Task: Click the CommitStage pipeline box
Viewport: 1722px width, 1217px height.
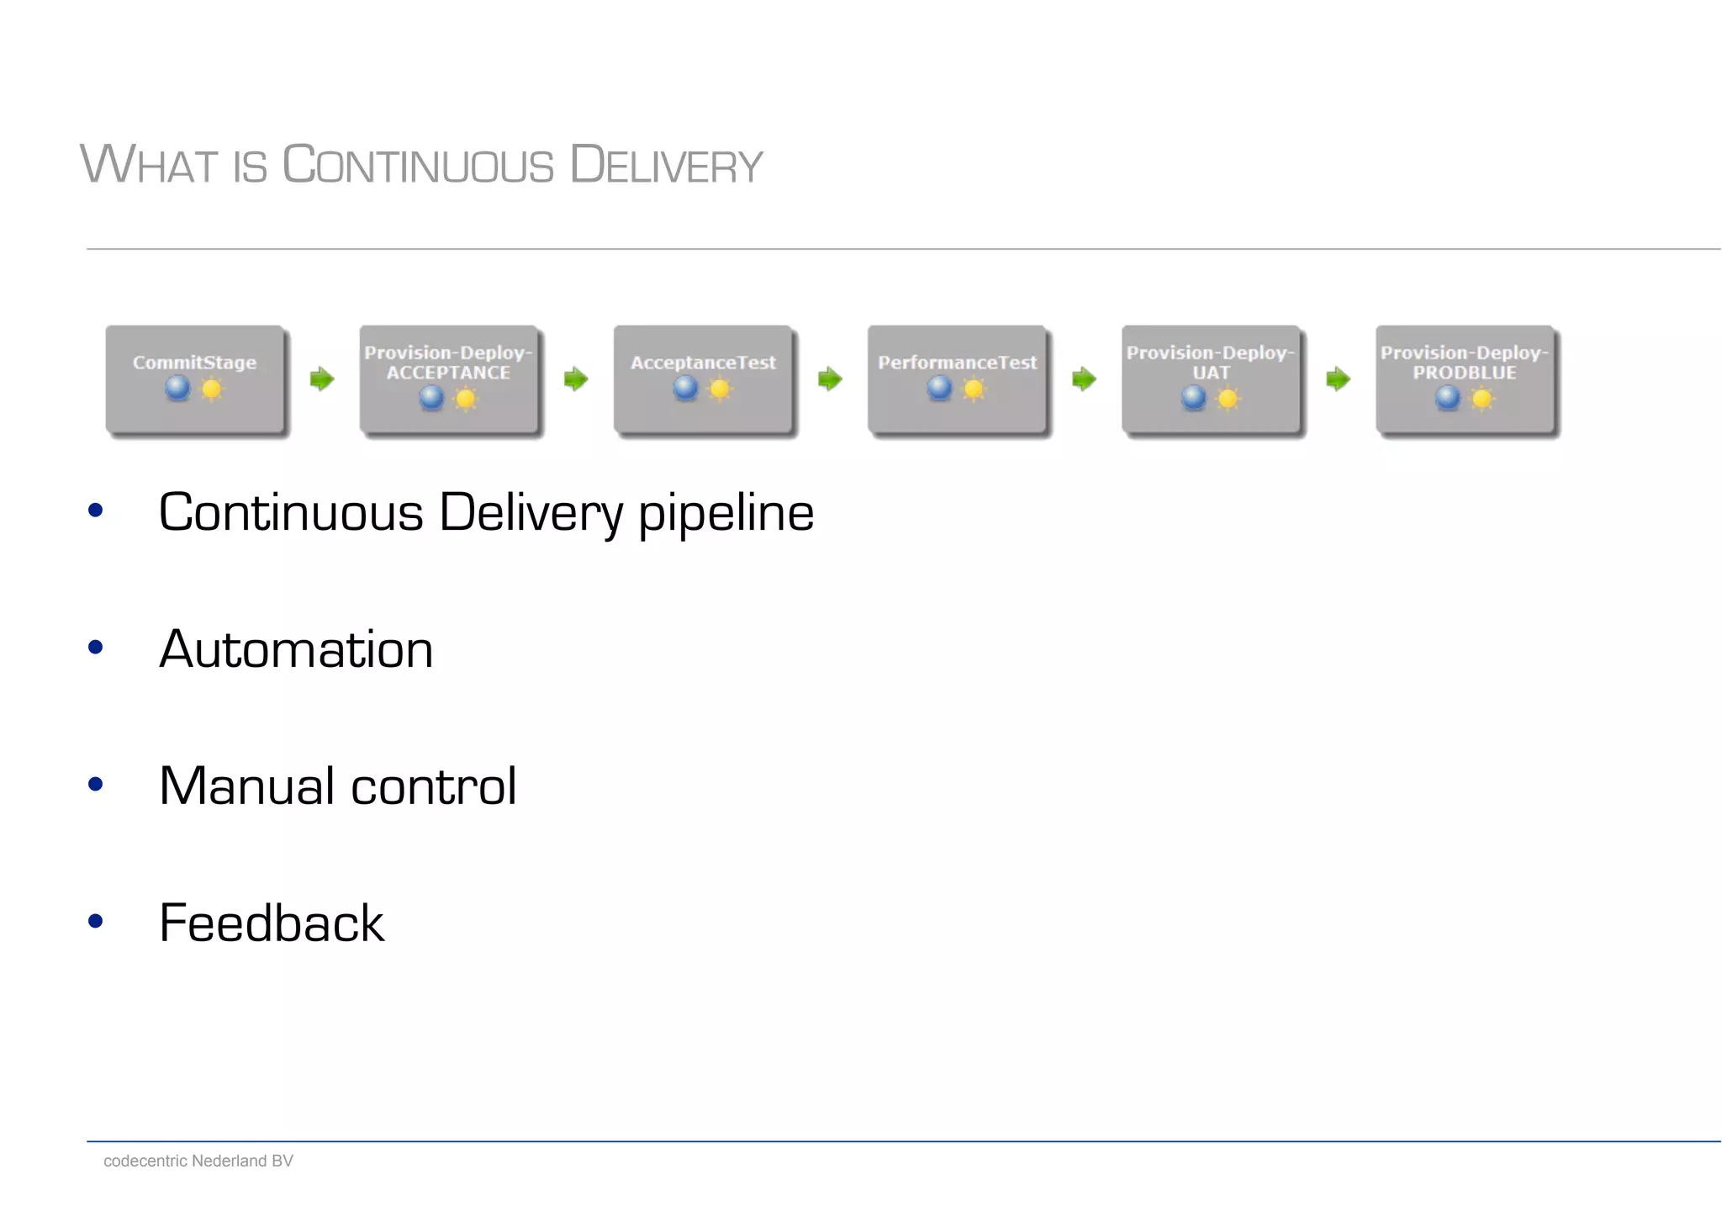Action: pyautogui.click(x=195, y=379)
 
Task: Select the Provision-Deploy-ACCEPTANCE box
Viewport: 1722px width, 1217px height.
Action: pyautogui.click(x=449, y=379)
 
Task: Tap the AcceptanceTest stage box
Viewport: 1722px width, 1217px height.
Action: pyautogui.click(x=703, y=379)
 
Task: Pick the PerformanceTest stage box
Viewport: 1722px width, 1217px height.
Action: pyautogui.click(x=957, y=379)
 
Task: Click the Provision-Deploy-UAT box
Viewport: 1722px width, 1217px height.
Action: pyautogui.click(x=1211, y=379)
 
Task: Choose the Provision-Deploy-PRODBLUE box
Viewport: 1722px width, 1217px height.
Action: pyautogui.click(x=1465, y=379)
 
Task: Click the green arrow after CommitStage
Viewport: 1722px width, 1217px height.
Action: pyautogui.click(x=322, y=379)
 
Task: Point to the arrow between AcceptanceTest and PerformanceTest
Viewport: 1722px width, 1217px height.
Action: pyautogui.click(x=830, y=379)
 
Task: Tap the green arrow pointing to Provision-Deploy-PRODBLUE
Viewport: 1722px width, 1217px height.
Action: pyautogui.click(x=1338, y=379)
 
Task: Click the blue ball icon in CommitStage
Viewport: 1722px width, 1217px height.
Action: pyautogui.click(x=177, y=388)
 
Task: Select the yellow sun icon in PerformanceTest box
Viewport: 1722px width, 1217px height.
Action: pyautogui.click(x=974, y=389)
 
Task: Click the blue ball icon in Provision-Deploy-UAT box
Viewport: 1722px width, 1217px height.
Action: pyautogui.click(x=1193, y=397)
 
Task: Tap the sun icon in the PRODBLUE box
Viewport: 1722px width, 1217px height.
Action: pyautogui.click(x=1482, y=398)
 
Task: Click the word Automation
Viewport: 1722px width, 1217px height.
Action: pyautogui.click(x=296, y=649)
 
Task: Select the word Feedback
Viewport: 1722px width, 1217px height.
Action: pyautogui.click(x=271, y=923)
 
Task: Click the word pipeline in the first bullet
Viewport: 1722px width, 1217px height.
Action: pyautogui.click(x=726, y=513)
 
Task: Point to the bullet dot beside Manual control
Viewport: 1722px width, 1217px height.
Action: pyautogui.click(x=96, y=785)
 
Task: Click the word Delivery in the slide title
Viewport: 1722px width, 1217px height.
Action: pyautogui.click(x=666, y=165)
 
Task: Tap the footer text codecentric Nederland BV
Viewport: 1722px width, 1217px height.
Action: pyautogui.click(x=198, y=1161)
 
